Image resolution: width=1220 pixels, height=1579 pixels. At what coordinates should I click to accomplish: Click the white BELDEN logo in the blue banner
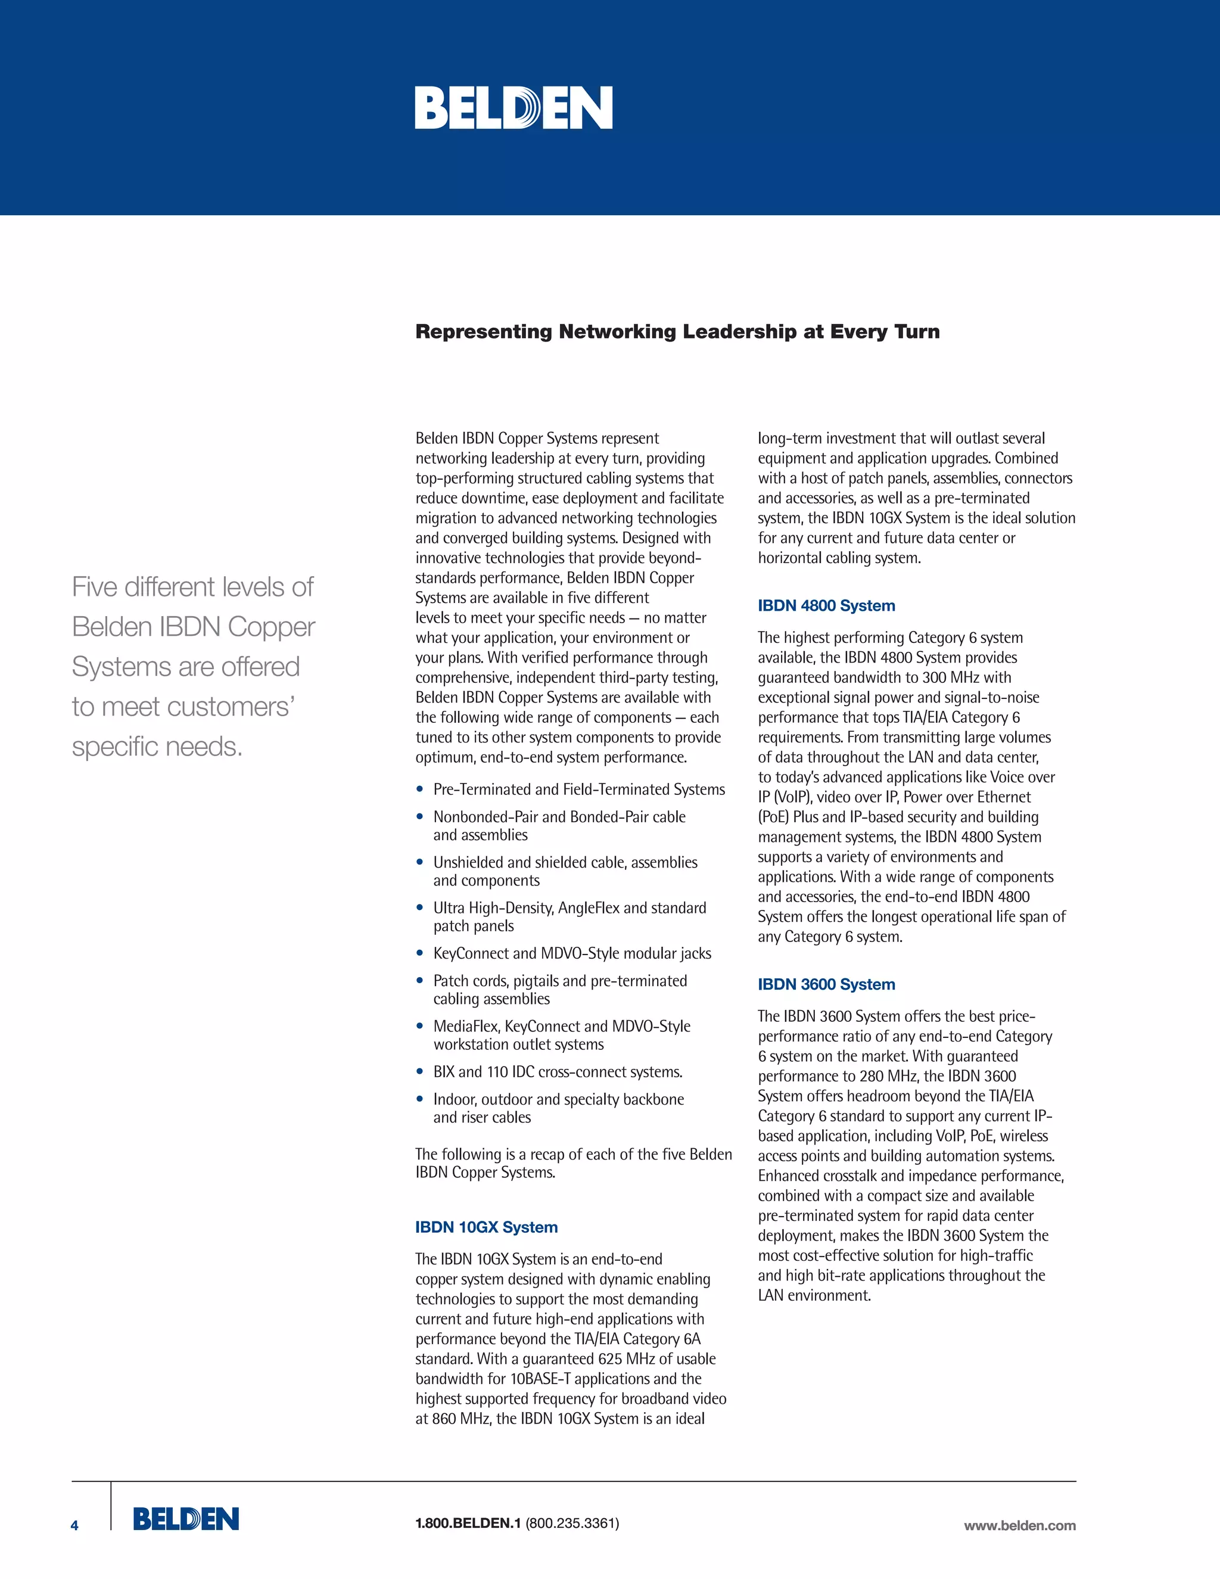point(513,108)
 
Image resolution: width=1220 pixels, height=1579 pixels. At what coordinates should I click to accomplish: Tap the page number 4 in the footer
point(74,1525)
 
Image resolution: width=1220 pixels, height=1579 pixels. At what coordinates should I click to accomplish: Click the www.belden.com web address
point(1019,1525)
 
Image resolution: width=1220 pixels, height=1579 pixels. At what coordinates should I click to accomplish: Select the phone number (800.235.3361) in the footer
point(572,1524)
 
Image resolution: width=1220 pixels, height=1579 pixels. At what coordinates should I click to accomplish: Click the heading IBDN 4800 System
point(826,606)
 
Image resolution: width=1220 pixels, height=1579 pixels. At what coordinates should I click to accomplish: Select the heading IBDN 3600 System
point(826,985)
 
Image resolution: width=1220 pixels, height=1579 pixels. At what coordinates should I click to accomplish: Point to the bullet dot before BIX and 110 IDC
point(420,1071)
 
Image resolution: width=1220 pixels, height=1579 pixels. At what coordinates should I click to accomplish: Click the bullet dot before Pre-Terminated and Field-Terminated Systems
point(420,789)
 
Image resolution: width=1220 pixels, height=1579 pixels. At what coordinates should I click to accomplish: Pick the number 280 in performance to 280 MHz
point(872,1077)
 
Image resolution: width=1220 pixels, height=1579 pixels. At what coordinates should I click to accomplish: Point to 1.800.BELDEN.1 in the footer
point(468,1524)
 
